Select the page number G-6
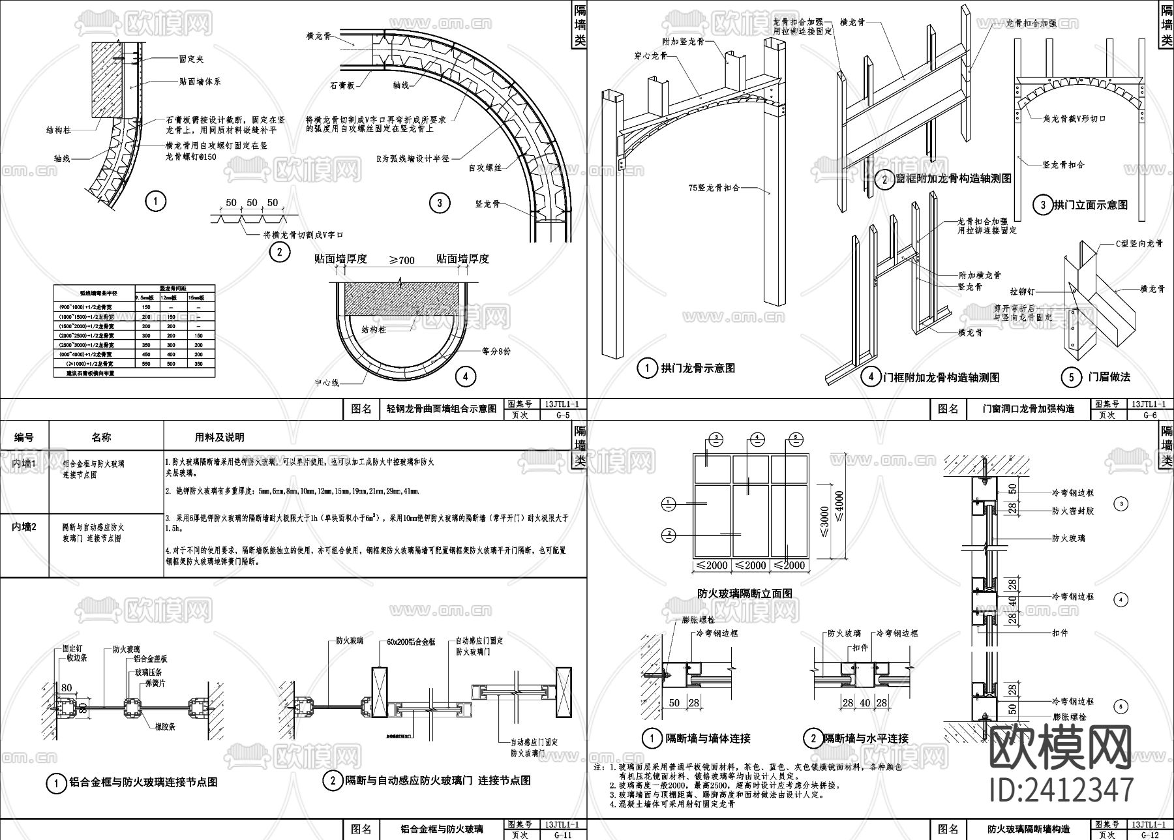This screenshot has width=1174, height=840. point(1150,415)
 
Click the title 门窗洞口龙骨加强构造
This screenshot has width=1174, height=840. point(1029,409)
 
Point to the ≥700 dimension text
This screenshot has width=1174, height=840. point(402,260)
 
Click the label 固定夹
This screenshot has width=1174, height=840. point(192,59)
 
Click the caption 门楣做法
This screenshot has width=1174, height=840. point(1109,377)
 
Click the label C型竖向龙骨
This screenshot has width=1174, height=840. point(1139,244)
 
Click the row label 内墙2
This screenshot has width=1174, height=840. point(25,526)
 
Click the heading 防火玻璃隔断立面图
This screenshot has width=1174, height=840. point(745,593)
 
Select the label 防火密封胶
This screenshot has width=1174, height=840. point(1072,511)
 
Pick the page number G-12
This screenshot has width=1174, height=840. point(1150,834)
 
